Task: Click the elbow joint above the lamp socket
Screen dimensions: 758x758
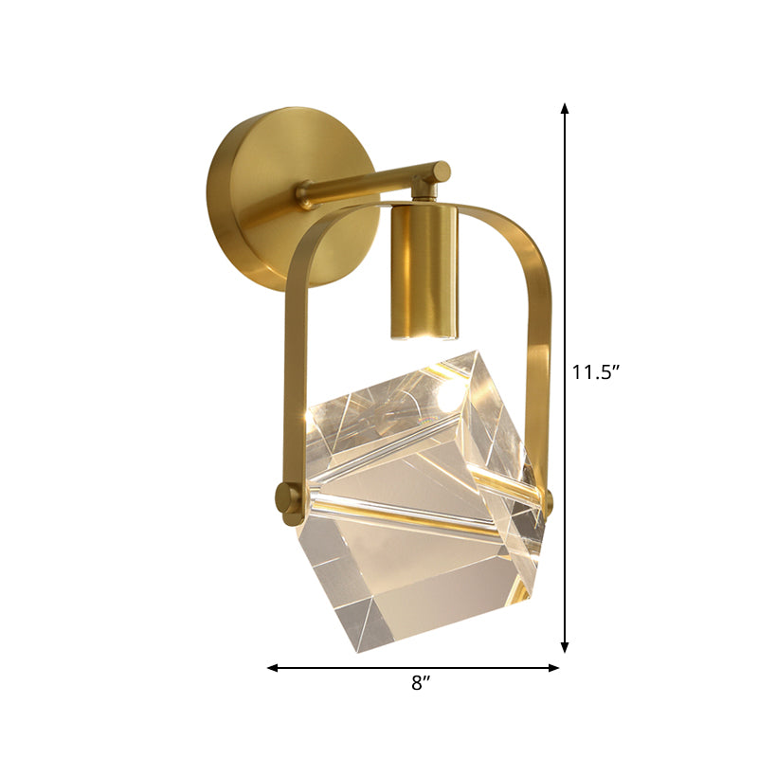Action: tap(438, 174)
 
